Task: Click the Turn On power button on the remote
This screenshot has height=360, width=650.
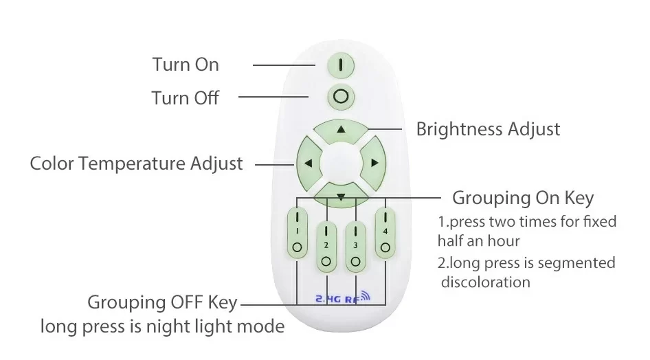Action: [341, 65]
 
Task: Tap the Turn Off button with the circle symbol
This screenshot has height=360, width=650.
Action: [341, 95]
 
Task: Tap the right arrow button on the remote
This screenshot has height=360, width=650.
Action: [374, 164]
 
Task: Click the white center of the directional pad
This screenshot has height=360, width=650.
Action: [341, 164]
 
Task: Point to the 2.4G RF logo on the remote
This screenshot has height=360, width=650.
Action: [341, 298]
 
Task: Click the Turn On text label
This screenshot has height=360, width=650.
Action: [186, 65]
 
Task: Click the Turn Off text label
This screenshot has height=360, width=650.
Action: [186, 98]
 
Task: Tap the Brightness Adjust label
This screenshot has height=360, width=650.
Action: [489, 129]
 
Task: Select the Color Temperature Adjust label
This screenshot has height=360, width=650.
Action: [136, 164]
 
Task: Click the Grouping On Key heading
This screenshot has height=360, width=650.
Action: [523, 199]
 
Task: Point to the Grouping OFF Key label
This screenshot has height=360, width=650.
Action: [162, 302]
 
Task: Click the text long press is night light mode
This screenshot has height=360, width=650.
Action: [162, 326]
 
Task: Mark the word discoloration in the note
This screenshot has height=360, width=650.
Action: [486, 282]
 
